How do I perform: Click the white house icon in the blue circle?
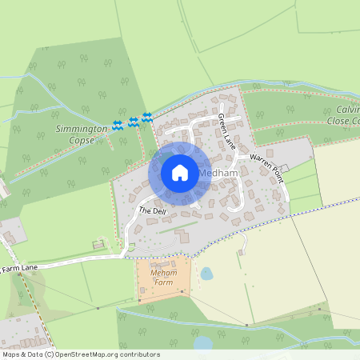180,172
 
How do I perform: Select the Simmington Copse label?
81,134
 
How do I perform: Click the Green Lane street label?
227,132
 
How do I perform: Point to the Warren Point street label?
267,168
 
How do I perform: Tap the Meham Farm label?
162,278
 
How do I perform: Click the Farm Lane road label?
19,268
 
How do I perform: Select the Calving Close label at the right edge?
343,114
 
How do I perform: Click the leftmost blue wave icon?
118,125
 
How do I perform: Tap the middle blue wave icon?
134,122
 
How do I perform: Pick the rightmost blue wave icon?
146,118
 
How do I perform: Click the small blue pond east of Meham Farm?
206,274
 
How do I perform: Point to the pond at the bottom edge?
203,343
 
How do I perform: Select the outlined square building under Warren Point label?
283,170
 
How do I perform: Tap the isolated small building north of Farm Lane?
98,243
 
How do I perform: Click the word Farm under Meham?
162,282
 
